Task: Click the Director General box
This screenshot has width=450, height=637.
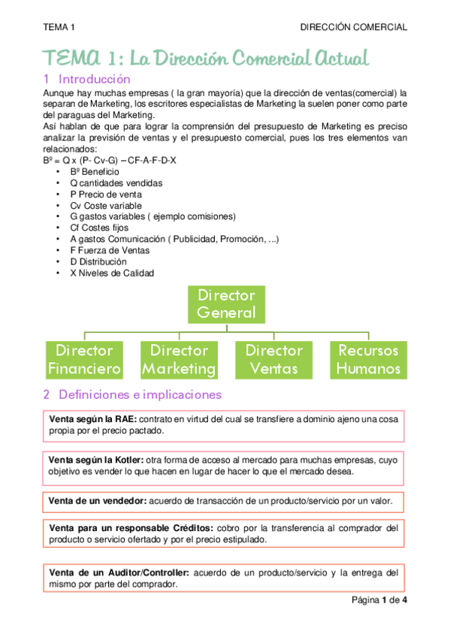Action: [x=225, y=303]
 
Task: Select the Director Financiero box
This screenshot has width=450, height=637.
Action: [x=84, y=359]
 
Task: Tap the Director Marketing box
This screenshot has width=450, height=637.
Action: [x=179, y=359]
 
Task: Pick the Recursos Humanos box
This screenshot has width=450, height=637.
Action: [x=368, y=359]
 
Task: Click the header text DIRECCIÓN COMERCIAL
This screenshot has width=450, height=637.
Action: [x=353, y=27]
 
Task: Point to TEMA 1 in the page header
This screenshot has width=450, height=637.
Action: [x=59, y=27]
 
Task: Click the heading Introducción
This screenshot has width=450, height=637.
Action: [x=94, y=79]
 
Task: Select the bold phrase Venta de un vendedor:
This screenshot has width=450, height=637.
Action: [x=98, y=500]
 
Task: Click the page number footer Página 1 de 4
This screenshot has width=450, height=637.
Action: [x=378, y=599]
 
